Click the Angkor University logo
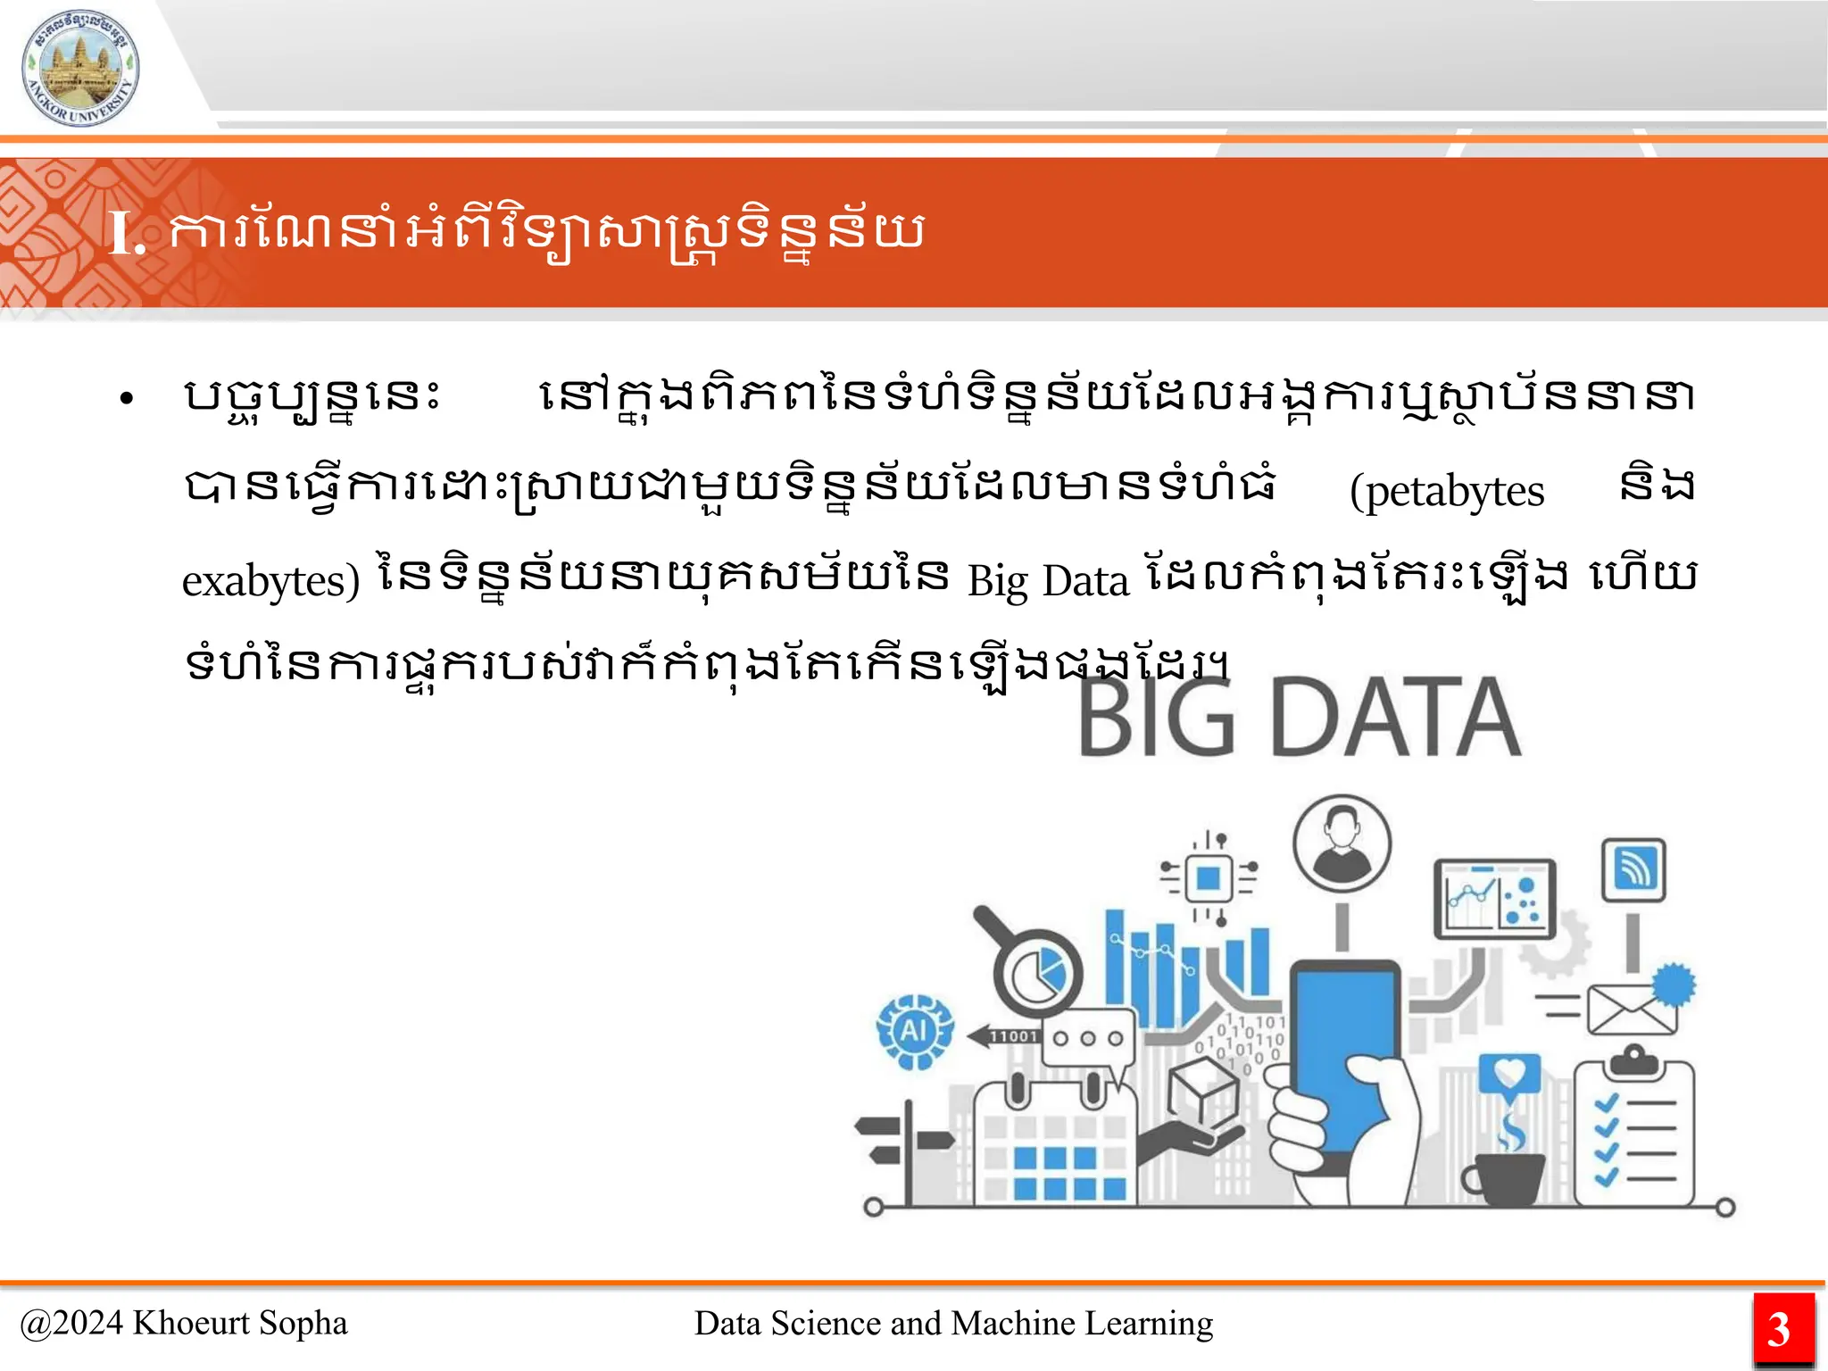[80, 68]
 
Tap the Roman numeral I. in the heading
[126, 235]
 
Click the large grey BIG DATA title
[1299, 718]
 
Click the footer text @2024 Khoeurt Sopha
[184, 1323]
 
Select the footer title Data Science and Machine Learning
[953, 1323]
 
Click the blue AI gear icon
[914, 1032]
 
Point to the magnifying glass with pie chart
[1034, 968]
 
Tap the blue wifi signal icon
[1633, 869]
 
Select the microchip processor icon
[1208, 878]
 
